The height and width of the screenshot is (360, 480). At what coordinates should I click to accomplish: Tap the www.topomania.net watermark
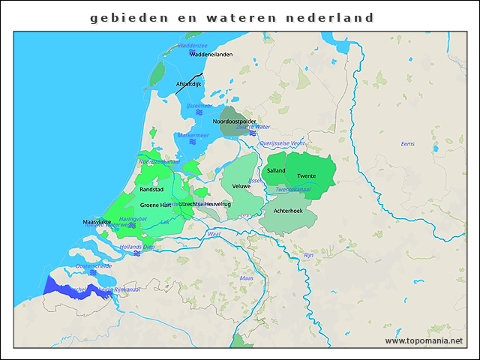[x=424, y=341]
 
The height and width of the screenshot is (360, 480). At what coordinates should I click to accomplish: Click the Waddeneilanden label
[x=211, y=55]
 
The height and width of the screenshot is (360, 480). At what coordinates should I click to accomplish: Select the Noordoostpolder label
[x=234, y=121]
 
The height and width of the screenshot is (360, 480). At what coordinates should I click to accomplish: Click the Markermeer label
[x=193, y=136]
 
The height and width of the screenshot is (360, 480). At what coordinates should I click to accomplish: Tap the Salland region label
[x=276, y=171]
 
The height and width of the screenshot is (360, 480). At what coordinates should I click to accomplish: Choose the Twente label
[x=306, y=176]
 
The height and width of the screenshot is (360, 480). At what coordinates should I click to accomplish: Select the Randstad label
[x=151, y=190]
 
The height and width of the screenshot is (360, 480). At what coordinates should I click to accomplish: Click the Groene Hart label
[x=156, y=205]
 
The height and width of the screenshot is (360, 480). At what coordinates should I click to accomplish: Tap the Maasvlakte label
[x=97, y=223]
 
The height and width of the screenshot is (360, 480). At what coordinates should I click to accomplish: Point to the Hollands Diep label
[x=137, y=247]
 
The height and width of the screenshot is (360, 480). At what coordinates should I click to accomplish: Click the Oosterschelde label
[x=93, y=265]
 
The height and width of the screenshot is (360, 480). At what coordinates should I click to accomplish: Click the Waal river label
[x=214, y=235]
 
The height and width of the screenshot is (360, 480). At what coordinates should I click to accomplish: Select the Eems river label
[x=407, y=143]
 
